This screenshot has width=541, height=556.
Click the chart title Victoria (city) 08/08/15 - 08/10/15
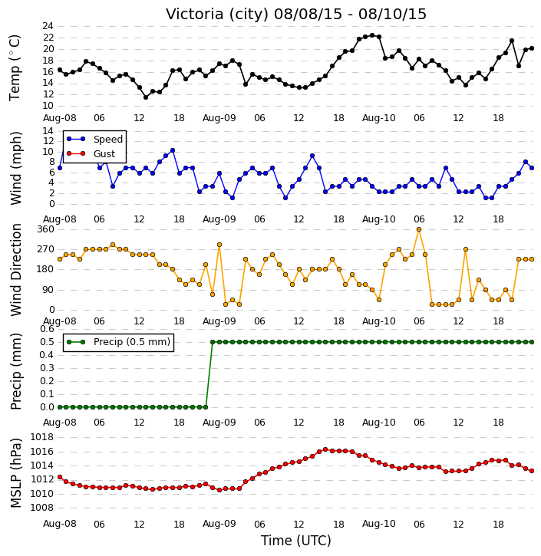[296, 14]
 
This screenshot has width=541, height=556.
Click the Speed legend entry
[94, 140]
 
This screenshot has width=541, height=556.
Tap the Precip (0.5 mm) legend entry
[118, 342]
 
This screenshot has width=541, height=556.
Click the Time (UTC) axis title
[296, 541]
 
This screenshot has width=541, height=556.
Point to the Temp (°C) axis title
[15, 67]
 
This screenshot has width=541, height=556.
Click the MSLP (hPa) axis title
[15, 473]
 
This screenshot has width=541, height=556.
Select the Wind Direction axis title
[15, 269]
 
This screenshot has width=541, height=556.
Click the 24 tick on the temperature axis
[48, 26]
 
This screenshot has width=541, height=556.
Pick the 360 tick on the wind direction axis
[46, 229]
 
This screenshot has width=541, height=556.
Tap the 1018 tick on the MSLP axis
[42, 437]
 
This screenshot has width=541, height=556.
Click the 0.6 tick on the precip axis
[47, 329]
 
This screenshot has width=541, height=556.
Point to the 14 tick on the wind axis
[48, 131]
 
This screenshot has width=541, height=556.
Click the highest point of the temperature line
[372, 35]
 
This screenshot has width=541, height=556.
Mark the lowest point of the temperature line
[146, 97]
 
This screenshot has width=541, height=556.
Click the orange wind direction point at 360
[419, 229]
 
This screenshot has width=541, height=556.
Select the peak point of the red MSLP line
[325, 449]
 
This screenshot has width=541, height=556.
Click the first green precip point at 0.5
[213, 342]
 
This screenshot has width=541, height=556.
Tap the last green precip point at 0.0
[206, 407]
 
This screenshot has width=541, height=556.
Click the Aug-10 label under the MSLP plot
[379, 524]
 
